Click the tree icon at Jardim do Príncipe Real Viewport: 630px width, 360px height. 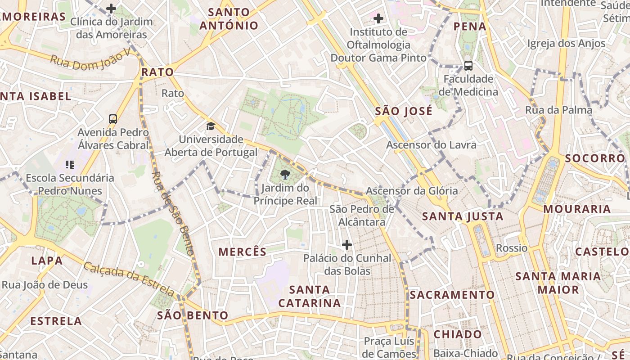click(284, 175)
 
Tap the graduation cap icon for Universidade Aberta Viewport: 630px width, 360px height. click(211, 126)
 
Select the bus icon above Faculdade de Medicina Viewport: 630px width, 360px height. click(468, 66)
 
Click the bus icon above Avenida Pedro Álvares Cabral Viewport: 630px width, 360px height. click(113, 119)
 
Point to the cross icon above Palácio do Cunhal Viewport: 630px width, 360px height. click(347, 245)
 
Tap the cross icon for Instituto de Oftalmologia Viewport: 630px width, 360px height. click(378, 18)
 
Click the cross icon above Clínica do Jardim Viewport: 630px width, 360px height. click(111, 8)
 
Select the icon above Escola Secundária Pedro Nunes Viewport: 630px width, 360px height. click(69, 165)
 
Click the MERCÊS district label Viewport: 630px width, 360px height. click(243, 252)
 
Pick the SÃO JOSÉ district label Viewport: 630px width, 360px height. click(404, 111)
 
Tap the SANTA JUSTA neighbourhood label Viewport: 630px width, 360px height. click(463, 217)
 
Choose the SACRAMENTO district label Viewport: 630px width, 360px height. click(452, 295)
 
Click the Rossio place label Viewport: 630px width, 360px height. click(512, 248)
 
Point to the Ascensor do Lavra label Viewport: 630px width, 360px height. click(431, 145)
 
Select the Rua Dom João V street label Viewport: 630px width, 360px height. click(90, 62)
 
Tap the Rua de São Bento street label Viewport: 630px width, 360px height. click(173, 214)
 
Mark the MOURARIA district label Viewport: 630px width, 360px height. click(577, 209)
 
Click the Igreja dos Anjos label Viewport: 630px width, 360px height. click(567, 44)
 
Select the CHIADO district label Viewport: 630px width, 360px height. click(458, 334)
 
